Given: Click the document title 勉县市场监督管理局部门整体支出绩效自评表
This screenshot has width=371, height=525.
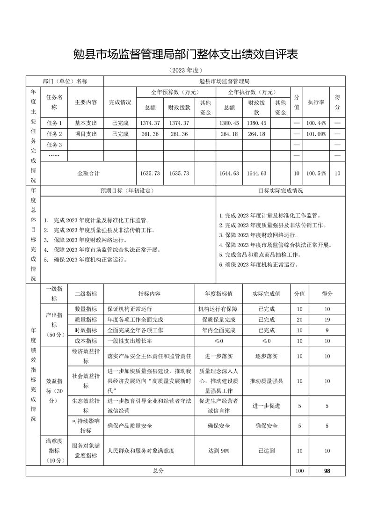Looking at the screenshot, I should (186, 55).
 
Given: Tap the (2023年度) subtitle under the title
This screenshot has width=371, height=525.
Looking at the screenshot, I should (186, 71).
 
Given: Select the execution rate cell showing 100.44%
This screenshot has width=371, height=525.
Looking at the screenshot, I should (316, 123).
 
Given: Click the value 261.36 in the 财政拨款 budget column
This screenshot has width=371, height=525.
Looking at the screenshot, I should (179, 134).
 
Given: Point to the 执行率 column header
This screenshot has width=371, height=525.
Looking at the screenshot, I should (316, 102).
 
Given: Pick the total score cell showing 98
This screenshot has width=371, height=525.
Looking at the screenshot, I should (327, 471).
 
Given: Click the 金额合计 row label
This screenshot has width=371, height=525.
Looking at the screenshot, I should (88, 173).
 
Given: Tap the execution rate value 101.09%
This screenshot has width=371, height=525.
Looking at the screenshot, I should (316, 134).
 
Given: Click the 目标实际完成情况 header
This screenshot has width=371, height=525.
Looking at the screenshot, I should (281, 191).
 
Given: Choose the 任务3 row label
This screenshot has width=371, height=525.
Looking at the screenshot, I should (54, 145).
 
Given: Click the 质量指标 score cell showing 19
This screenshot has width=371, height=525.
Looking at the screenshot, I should (327, 320).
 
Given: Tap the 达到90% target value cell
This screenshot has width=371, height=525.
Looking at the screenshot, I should (218, 451).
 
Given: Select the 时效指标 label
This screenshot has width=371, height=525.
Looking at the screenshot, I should (85, 330).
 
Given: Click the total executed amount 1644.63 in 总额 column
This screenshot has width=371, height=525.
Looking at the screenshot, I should (229, 173).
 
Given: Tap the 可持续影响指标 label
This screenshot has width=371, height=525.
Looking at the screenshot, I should (85, 426).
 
